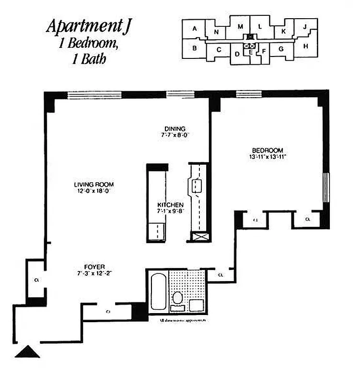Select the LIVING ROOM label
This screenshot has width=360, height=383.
point(94,184)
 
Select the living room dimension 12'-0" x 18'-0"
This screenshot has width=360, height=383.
point(93,191)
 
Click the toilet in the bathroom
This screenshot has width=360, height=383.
point(178,298)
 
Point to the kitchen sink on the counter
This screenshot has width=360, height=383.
point(197,186)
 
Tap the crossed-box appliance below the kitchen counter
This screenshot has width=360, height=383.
point(197,237)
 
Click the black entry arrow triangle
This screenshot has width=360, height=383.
point(27,352)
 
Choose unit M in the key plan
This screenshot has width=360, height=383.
point(241,26)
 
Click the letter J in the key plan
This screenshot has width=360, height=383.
point(305,26)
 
